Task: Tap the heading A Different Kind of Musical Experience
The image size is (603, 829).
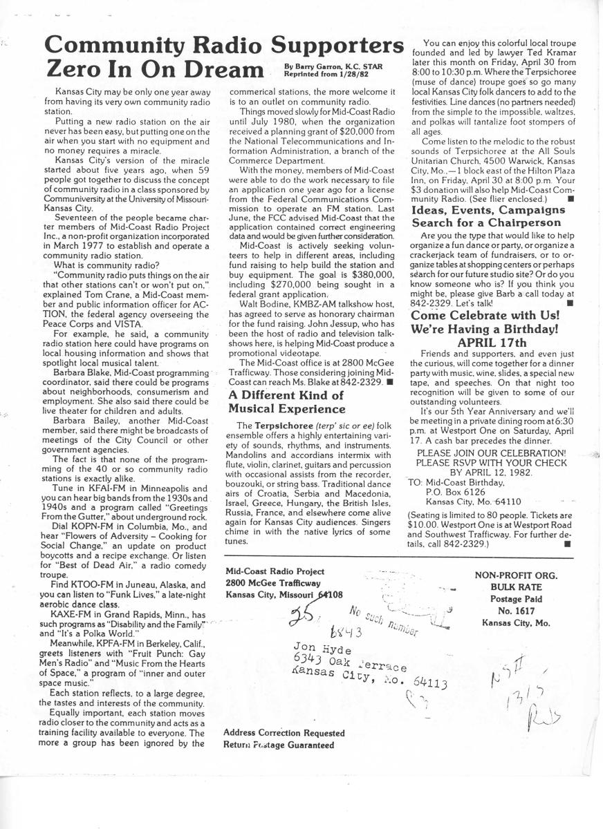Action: coord(286,402)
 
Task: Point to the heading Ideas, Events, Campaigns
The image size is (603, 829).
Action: coord(488,210)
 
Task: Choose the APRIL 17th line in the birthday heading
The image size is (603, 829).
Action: coord(492,343)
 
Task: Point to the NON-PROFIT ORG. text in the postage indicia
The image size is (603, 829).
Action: coord(516,574)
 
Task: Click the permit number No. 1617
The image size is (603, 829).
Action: coord(516,610)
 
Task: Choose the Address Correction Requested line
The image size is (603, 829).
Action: coord(284,732)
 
